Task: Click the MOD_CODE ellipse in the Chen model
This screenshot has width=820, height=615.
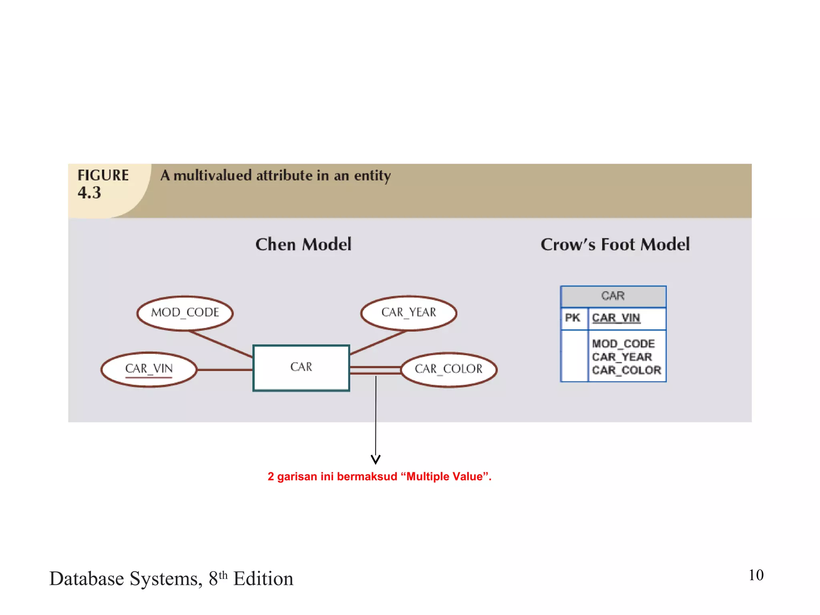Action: pyautogui.click(x=185, y=313)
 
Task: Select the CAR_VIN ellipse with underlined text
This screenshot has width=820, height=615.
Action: pyautogui.click(x=149, y=369)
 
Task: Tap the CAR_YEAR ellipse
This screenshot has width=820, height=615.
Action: pyautogui.click(x=408, y=313)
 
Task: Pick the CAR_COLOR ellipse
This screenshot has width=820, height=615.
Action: pyautogui.click(x=449, y=369)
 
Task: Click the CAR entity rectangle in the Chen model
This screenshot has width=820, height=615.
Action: pyautogui.click(x=301, y=368)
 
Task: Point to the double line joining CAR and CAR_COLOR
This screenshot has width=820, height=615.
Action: pyautogui.click(x=375, y=370)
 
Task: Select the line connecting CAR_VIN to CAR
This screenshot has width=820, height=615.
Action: pyautogui.click(x=225, y=370)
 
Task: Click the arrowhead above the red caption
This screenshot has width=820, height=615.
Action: pyautogui.click(x=376, y=460)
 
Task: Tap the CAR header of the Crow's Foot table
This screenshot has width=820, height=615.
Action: pyautogui.click(x=613, y=296)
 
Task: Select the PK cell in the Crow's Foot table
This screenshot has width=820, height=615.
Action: pyautogui.click(x=573, y=318)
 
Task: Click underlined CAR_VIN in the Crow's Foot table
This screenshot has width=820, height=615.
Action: pyautogui.click(x=616, y=318)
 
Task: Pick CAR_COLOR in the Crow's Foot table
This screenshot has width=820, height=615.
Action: pyautogui.click(x=627, y=370)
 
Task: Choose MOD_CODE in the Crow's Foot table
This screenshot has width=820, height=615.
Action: pyautogui.click(x=623, y=344)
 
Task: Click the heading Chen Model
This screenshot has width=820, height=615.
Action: pyautogui.click(x=303, y=245)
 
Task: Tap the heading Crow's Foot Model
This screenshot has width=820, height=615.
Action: pyautogui.click(x=615, y=245)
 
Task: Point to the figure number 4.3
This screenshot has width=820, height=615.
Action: pyautogui.click(x=89, y=193)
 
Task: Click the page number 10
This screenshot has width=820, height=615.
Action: pyautogui.click(x=756, y=575)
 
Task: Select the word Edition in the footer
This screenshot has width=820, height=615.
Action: pyautogui.click(x=263, y=579)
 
